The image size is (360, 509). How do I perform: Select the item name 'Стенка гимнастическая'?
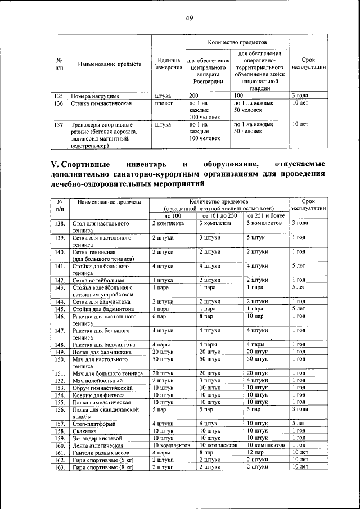pyautogui.click(x=102, y=104)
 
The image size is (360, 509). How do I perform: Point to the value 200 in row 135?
pyautogui.click(x=195, y=96)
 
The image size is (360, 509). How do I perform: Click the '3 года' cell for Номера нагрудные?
pyautogui.click(x=300, y=96)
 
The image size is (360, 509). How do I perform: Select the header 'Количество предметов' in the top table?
pyautogui.click(x=237, y=43)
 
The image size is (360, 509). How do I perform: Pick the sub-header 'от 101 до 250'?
pyautogui.click(x=219, y=215)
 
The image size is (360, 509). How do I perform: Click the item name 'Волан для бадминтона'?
pyautogui.click(x=102, y=352)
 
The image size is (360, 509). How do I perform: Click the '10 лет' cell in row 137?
pyautogui.click(x=300, y=124)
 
